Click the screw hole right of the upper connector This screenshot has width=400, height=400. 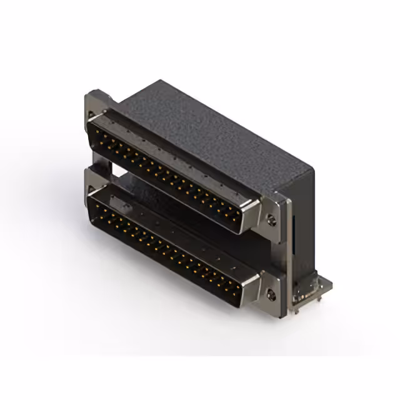click(x=270, y=219)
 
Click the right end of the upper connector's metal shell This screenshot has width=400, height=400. click(x=253, y=216)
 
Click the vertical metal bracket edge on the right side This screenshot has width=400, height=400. click(x=286, y=250)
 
